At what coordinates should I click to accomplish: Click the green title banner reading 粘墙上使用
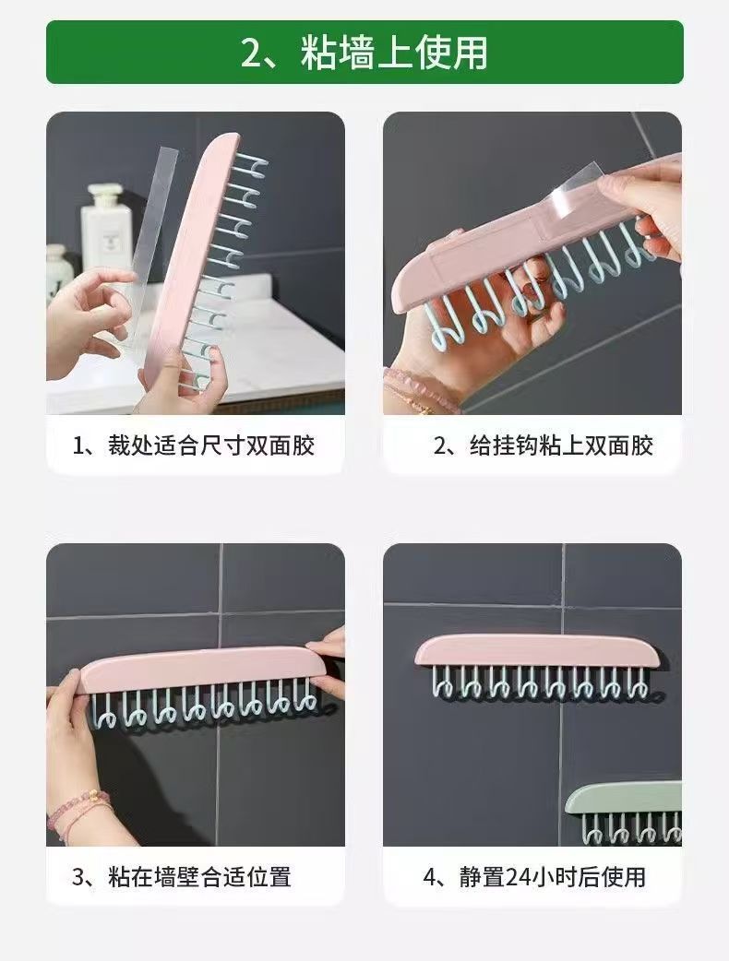pyautogui.click(x=364, y=52)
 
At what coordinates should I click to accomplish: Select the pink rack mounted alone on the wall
pyautogui.click(x=536, y=667)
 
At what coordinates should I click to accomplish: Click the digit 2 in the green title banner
pyautogui.click(x=251, y=53)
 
